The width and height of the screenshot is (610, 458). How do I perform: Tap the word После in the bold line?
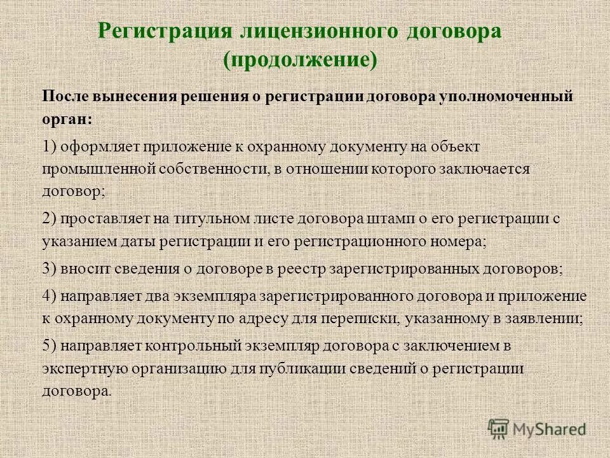click(67, 96)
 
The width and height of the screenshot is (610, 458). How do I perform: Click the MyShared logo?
click(537, 429)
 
